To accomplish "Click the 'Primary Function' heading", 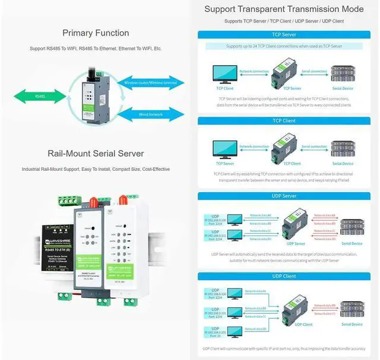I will pyautogui.click(x=96, y=33).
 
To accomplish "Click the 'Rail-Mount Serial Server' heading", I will pyautogui.click(x=96, y=154).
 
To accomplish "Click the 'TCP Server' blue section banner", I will pyautogui.click(x=284, y=35).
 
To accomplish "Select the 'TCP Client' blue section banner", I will pyautogui.click(x=284, y=120).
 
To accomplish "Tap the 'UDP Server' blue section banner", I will pyautogui.click(x=284, y=196).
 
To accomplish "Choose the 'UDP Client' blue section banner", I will pyautogui.click(x=284, y=276).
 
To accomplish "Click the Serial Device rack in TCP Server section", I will pyautogui.click(x=343, y=75).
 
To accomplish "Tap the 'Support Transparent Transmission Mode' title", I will pyautogui.click(x=284, y=9).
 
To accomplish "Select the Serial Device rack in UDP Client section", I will pyautogui.click(x=351, y=308).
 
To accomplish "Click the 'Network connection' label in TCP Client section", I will pyautogui.click(x=254, y=146).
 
